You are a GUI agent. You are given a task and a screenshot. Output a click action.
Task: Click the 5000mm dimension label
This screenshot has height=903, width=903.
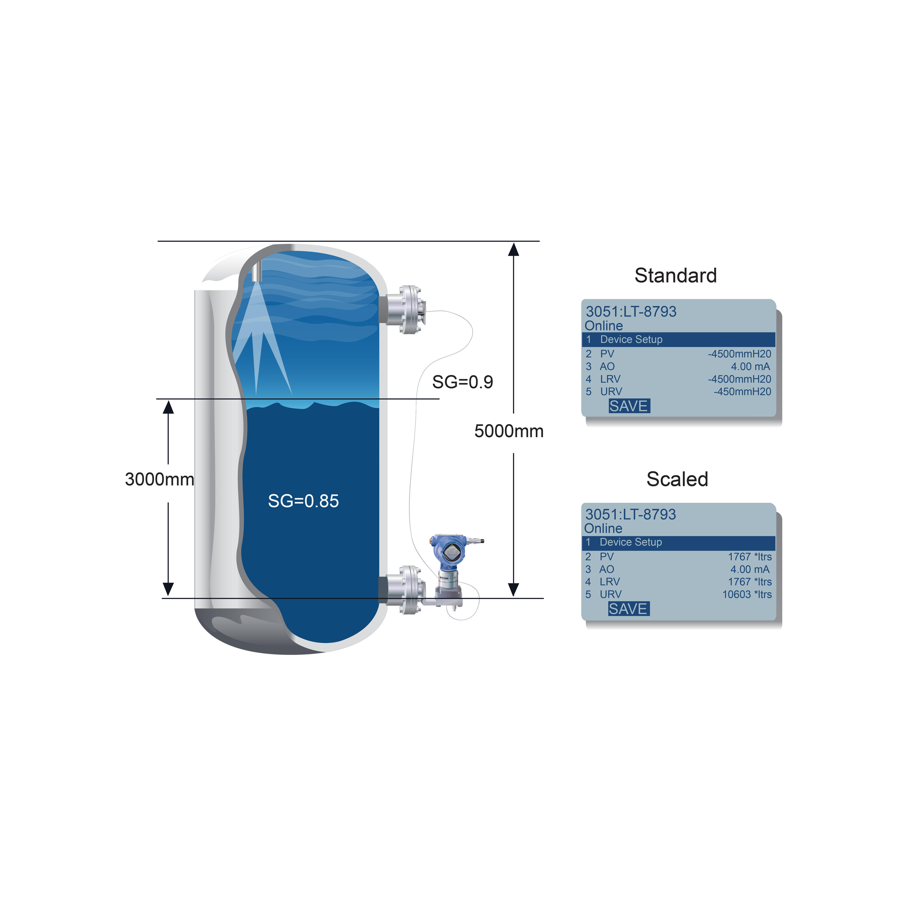pyautogui.click(x=509, y=431)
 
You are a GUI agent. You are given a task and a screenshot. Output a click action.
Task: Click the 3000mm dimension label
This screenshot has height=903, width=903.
pyautogui.click(x=159, y=479)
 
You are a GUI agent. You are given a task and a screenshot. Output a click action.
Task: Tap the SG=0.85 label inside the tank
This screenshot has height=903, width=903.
pyautogui.click(x=303, y=501)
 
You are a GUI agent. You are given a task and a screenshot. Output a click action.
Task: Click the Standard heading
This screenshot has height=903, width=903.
pyautogui.click(x=675, y=275)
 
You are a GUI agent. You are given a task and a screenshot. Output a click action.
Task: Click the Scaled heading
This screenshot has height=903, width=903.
pyautogui.click(x=677, y=479)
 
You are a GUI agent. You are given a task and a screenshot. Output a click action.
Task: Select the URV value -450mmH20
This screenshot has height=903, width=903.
pyautogui.click(x=742, y=392)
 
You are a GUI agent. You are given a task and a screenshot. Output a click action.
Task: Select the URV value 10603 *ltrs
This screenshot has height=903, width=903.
pyautogui.click(x=747, y=595)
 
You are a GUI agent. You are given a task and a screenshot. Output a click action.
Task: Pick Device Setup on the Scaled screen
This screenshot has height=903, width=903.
pyautogui.click(x=631, y=542)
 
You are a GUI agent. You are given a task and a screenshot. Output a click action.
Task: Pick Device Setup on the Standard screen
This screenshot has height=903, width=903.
pyautogui.click(x=631, y=339)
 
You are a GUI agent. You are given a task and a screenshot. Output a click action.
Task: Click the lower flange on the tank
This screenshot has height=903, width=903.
pyautogui.click(x=405, y=590)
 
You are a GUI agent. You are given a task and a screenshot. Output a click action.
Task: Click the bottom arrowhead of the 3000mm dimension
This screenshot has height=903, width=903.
pyautogui.click(x=168, y=589)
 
